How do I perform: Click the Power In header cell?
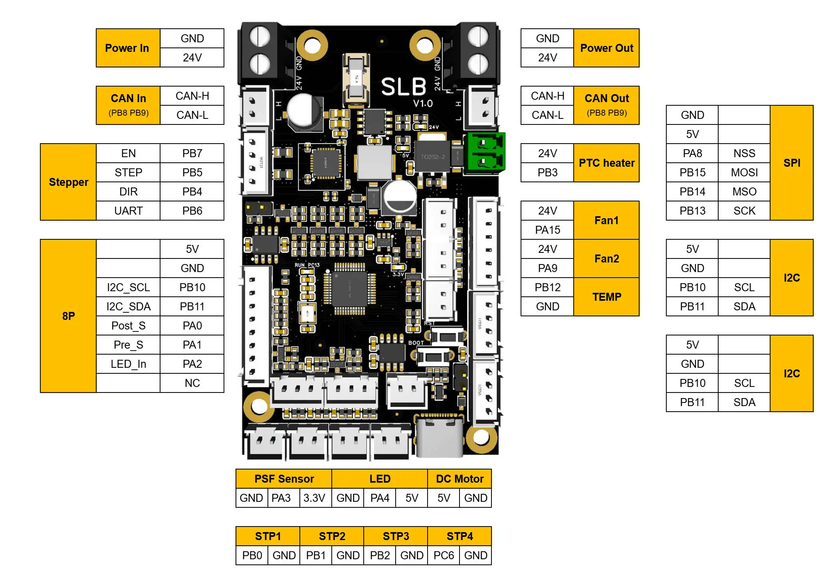click(x=127, y=48)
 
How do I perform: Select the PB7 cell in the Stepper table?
click(x=192, y=153)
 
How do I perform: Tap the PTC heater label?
click(x=606, y=163)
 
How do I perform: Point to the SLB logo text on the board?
click(x=404, y=87)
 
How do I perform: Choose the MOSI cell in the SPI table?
click(x=744, y=172)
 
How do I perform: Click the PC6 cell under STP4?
click(x=443, y=555)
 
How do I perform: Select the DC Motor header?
click(x=459, y=479)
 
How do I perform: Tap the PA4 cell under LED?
click(x=379, y=498)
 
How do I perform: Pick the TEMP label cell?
click(x=606, y=297)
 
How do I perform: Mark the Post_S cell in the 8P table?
click(x=128, y=325)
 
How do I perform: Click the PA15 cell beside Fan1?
click(x=547, y=230)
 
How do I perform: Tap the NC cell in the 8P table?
click(x=192, y=383)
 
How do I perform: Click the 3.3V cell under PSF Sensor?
click(x=314, y=498)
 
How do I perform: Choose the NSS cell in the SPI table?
click(x=744, y=153)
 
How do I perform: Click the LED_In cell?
click(x=128, y=364)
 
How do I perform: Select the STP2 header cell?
click(x=332, y=536)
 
